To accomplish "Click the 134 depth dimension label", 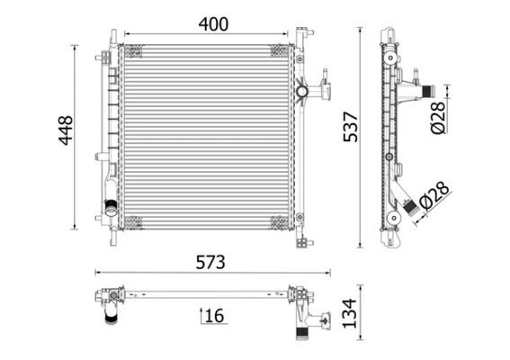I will pyautogui.click(x=347, y=314).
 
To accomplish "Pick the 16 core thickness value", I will pyautogui.click(x=213, y=315).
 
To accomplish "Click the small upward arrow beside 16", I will pyautogui.click(x=201, y=314).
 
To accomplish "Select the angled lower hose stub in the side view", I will pyautogui.click(x=411, y=207).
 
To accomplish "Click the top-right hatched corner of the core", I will pyautogui.click(x=281, y=50).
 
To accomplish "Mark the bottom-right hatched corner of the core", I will pyautogui.click(x=281, y=222).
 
